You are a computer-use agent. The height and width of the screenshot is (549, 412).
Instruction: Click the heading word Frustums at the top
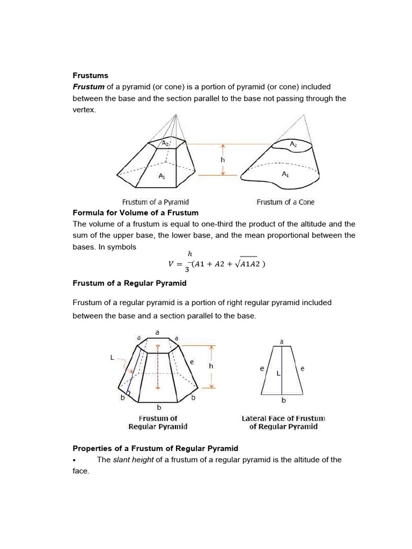[91, 76]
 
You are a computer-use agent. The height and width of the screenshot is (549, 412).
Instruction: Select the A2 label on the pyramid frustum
[166, 143]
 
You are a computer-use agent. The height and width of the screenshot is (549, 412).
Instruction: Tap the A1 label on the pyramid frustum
[161, 175]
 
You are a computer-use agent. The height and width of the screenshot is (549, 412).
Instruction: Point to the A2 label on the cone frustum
[293, 144]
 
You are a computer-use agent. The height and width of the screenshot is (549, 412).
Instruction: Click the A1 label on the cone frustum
[285, 174]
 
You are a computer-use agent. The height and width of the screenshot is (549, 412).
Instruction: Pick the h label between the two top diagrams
[222, 159]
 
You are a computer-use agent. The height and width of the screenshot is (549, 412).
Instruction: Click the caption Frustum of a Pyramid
[156, 202]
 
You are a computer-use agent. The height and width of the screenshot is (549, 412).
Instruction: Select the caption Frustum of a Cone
[285, 202]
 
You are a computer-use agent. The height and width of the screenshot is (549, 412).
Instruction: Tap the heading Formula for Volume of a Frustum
[136, 213]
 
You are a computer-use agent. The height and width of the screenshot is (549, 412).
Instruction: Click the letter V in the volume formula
[171, 263]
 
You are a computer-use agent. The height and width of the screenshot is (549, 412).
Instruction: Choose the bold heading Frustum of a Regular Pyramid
[130, 283]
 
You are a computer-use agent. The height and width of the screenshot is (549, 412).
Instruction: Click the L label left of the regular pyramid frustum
[112, 358]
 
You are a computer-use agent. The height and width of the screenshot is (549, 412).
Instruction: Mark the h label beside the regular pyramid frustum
[211, 366]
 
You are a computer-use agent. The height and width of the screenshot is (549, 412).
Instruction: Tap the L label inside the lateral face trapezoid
[278, 373]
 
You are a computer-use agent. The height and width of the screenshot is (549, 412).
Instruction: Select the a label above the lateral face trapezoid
[282, 341]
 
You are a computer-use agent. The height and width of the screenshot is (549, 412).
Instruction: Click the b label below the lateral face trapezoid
[284, 400]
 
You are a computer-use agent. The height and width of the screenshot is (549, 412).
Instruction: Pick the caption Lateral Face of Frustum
[283, 418]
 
